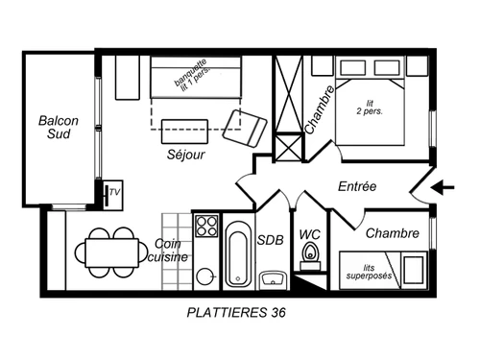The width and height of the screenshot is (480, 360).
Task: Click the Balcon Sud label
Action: click(58, 130)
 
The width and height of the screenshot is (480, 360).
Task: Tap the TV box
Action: click(114, 193)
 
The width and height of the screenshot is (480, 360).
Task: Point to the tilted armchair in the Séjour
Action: click(246, 125)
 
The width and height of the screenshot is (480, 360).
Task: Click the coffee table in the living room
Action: click(185, 129)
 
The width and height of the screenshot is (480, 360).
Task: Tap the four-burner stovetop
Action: click(206, 227)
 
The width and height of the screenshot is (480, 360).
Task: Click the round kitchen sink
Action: click(205, 276)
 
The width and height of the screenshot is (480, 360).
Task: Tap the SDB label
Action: click(271, 240)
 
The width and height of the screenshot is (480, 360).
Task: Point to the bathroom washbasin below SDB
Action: click(272, 279)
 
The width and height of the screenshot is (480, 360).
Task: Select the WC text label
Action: click(309, 233)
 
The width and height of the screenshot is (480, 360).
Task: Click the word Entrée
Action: click(357, 186)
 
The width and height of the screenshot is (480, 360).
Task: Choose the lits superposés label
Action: click(369, 274)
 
